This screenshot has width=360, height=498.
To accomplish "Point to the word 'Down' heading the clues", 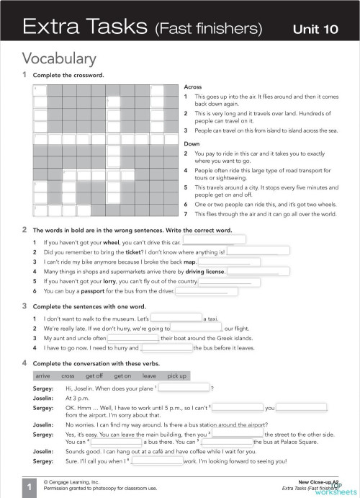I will tap(192, 143).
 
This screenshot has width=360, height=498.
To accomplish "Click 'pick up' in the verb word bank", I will tap(176, 375).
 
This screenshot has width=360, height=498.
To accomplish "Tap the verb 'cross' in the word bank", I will tap(68, 375).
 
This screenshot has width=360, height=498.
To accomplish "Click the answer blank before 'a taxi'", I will tap(176, 317).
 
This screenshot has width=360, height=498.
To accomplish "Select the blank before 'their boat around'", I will tap(132, 337).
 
